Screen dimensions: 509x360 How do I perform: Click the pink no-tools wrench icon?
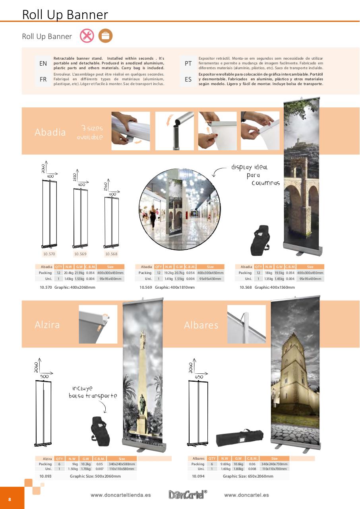87,36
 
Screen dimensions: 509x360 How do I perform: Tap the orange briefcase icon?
105,36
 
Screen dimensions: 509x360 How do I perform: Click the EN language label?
43,63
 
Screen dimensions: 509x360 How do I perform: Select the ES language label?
188,80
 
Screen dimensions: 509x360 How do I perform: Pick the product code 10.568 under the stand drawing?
111,254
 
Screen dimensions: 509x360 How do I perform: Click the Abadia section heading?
50,132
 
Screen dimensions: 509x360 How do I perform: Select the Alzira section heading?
47,324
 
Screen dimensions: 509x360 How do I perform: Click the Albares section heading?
201,325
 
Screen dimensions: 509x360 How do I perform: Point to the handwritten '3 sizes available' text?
90,132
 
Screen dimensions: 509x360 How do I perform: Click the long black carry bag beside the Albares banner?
240,439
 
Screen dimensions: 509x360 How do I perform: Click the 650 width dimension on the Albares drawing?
199,377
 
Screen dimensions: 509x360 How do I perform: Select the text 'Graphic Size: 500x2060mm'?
95,476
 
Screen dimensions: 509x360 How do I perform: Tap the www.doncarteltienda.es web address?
120,495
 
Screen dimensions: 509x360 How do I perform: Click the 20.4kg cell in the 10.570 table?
68,273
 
